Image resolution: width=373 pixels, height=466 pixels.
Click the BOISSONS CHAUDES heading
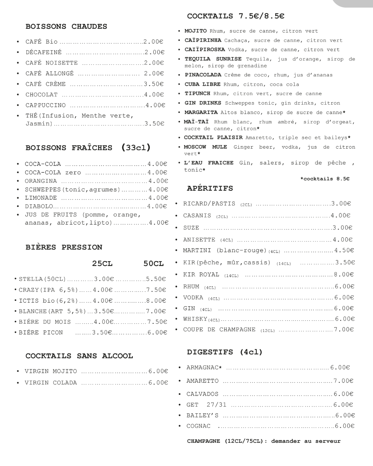click(66, 27)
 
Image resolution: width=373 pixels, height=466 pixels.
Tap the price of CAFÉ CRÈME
click(154, 84)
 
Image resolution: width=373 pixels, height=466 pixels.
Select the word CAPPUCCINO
click(46, 105)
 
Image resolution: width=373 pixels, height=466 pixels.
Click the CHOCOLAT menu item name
click(41, 95)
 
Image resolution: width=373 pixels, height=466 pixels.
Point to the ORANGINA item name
click(41, 181)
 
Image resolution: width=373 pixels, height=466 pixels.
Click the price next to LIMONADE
click(158, 198)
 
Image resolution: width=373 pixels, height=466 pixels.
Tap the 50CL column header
click(154, 264)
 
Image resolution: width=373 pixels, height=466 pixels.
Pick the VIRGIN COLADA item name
click(51, 383)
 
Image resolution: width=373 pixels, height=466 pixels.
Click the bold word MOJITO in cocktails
click(196, 31)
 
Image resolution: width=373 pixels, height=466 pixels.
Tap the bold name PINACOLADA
click(203, 75)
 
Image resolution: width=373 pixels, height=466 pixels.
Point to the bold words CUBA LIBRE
click(202, 84)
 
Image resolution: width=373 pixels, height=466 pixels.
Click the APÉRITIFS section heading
click(210, 189)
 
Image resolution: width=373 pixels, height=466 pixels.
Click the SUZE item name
click(191, 228)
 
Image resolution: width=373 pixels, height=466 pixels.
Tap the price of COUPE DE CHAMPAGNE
click(344, 330)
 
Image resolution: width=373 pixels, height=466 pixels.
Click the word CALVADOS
click(202, 394)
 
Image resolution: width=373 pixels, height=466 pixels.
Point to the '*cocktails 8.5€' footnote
click(325, 179)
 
